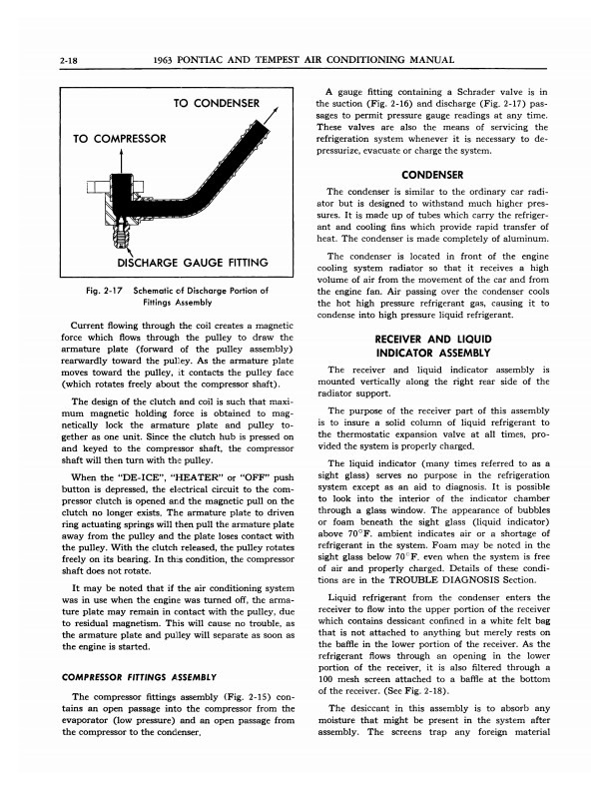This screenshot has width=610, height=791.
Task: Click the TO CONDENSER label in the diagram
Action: pos(217,104)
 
